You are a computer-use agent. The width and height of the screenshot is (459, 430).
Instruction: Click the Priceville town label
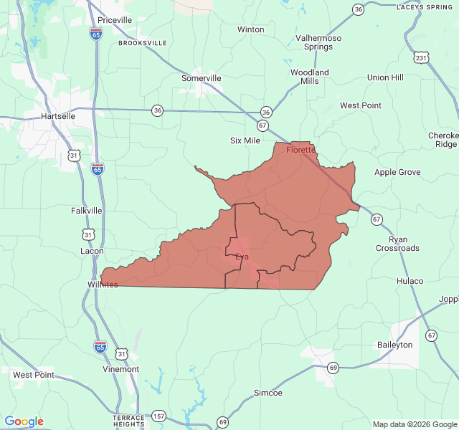coord(115,20)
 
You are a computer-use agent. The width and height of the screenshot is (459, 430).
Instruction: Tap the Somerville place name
coord(202,77)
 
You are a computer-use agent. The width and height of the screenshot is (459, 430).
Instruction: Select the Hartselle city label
coord(58,115)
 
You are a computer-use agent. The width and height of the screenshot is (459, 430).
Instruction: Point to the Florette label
coord(301,150)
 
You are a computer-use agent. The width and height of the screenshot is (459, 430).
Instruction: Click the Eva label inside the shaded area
coord(242,257)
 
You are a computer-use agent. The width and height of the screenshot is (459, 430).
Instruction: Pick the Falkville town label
coord(87,211)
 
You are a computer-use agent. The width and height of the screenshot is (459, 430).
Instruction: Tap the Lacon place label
coord(91,251)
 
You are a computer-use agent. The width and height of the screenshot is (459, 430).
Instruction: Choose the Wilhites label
coord(99,285)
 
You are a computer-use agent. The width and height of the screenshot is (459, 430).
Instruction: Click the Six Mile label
coord(245,140)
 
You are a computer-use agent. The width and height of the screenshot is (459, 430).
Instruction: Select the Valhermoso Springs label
coord(318,42)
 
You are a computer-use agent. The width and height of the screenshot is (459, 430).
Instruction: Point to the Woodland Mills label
coord(310,77)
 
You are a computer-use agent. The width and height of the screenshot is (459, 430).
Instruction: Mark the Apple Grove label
coord(397,173)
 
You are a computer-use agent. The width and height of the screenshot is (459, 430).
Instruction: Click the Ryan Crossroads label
coord(397,244)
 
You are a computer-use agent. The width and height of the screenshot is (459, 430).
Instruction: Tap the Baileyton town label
coord(395,345)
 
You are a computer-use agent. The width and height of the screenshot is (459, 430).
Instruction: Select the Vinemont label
coord(121,369)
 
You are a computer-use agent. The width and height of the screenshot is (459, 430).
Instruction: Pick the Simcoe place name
coord(268,393)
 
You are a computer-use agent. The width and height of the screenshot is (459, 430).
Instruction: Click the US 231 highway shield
coord(422,57)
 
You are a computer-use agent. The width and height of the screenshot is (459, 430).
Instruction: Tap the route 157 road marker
coord(158,416)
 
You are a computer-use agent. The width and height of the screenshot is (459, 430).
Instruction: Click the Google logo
coord(24,421)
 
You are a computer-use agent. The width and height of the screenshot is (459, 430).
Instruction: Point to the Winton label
coord(251,29)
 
